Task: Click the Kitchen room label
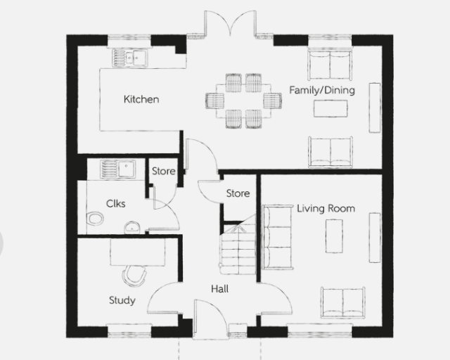[x=141, y=99]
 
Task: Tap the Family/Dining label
[x=322, y=90]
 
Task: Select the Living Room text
[x=326, y=208]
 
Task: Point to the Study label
[x=122, y=300]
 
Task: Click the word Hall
[x=220, y=289]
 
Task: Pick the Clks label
[x=115, y=204]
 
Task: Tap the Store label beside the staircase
[x=238, y=193]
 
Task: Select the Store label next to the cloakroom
[x=164, y=171]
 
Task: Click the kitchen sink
[x=129, y=58]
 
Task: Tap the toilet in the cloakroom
[x=95, y=219]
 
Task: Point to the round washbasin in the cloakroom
[x=132, y=227]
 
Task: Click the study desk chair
[x=134, y=276]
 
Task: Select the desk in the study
[x=138, y=252]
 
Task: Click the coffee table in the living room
[x=334, y=236]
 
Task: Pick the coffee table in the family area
[x=330, y=108]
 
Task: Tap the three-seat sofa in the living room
[x=278, y=237]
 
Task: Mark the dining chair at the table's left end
[x=214, y=101]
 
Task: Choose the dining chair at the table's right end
[x=272, y=101]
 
